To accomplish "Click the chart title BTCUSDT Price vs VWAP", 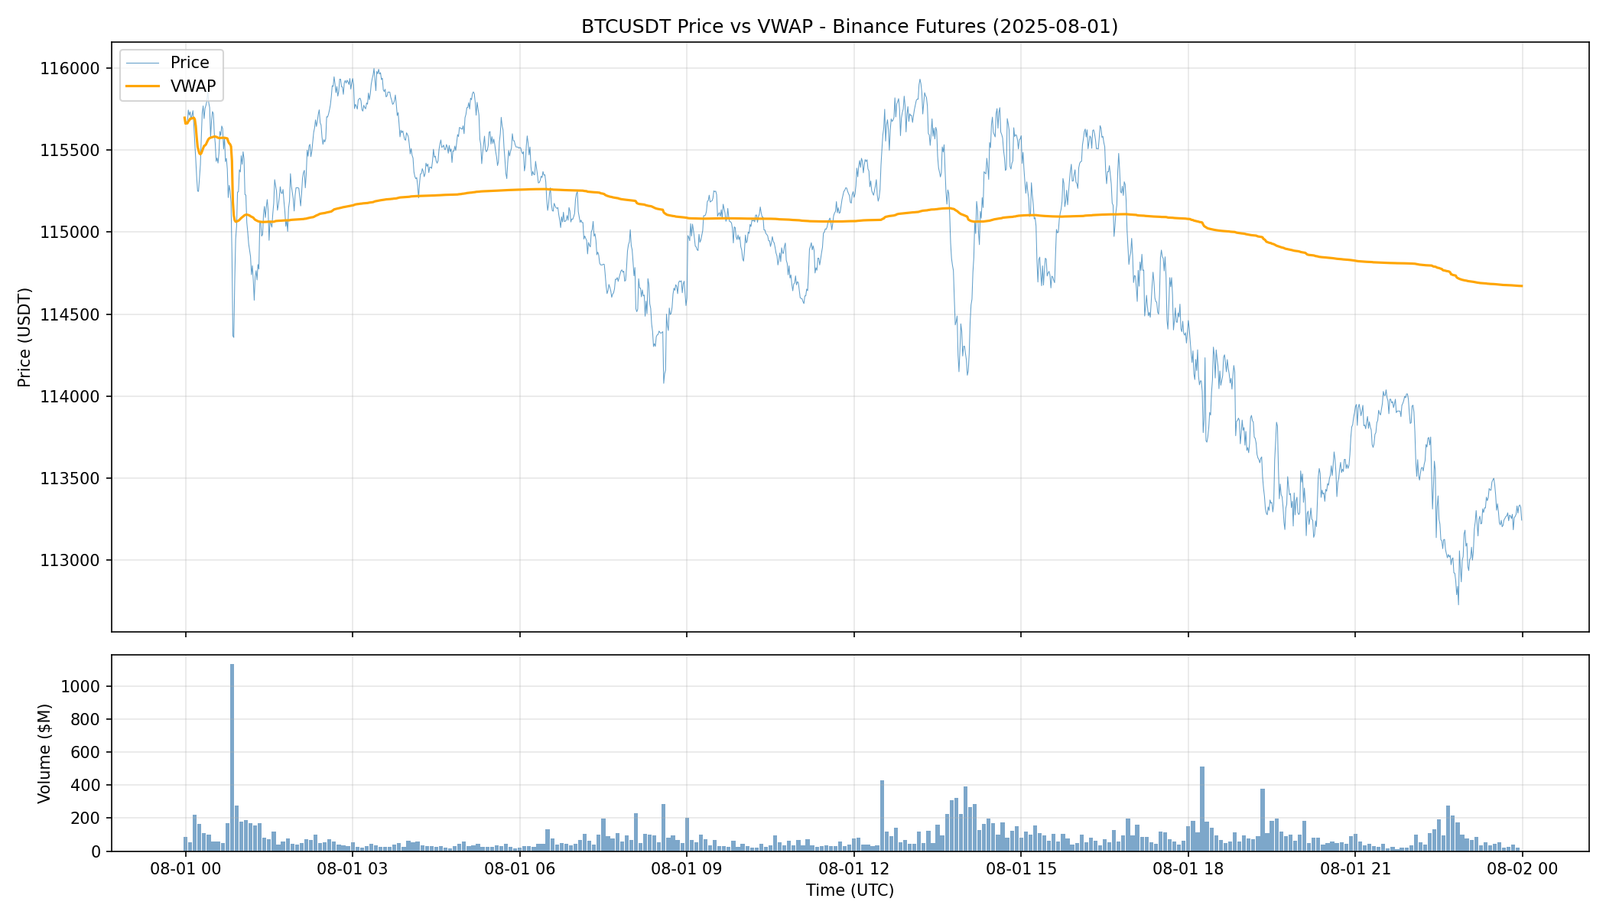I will coord(849,27).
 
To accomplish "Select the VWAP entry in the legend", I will coord(193,86).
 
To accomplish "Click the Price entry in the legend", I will coord(189,63).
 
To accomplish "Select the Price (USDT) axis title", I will coord(24,337).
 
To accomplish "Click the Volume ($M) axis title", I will coord(44,753).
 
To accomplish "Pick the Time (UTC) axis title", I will coord(849,890).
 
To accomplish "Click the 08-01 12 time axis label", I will coord(853,869).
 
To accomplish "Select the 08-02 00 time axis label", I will coord(1521,869).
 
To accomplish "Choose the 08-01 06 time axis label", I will coord(519,869).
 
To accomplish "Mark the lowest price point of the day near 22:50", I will coord(1458,604).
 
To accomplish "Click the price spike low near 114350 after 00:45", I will coord(233,336).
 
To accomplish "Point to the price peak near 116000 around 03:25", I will coord(374,70).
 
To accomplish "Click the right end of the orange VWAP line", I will coord(1521,286).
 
